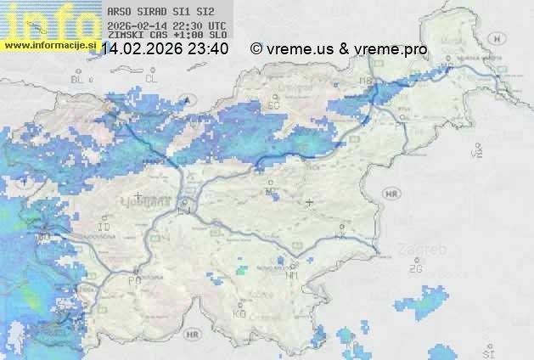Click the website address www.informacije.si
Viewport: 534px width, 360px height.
(x=48, y=46)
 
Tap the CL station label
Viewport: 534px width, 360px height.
(x=151, y=78)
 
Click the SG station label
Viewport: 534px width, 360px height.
(x=273, y=105)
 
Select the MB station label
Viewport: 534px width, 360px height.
(x=366, y=81)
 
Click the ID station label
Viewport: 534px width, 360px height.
(x=104, y=228)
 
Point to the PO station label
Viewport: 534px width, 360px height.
(x=134, y=280)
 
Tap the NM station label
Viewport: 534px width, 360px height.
(x=293, y=274)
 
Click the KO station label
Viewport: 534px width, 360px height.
(x=239, y=313)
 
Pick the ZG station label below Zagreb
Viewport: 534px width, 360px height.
(x=415, y=269)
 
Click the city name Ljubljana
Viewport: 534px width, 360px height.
(x=153, y=201)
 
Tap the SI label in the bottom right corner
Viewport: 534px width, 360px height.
(x=487, y=352)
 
